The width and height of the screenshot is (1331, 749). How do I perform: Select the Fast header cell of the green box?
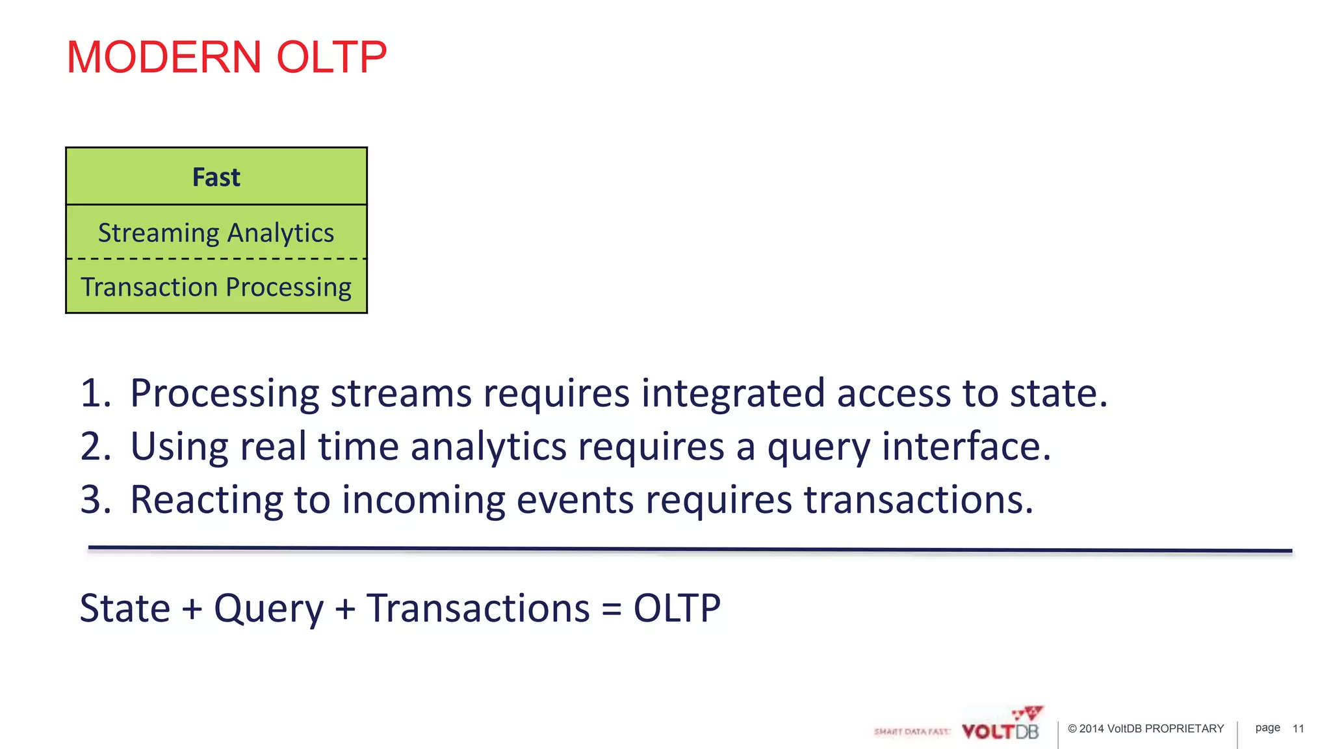216,177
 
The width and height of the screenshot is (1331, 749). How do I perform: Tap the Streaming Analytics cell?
216,233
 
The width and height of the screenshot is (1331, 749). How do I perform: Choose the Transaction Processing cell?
216,287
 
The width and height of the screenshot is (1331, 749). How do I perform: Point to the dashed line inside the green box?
216,259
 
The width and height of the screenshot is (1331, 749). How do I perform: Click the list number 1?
95,394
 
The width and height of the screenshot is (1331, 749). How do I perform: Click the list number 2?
95,447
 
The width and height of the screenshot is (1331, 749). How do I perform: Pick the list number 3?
95,501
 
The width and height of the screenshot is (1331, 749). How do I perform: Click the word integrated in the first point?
733,394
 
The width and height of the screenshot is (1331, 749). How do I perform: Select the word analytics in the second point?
488,447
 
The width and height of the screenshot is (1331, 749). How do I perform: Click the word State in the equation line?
125,609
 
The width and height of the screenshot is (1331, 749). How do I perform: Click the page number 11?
1298,729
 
